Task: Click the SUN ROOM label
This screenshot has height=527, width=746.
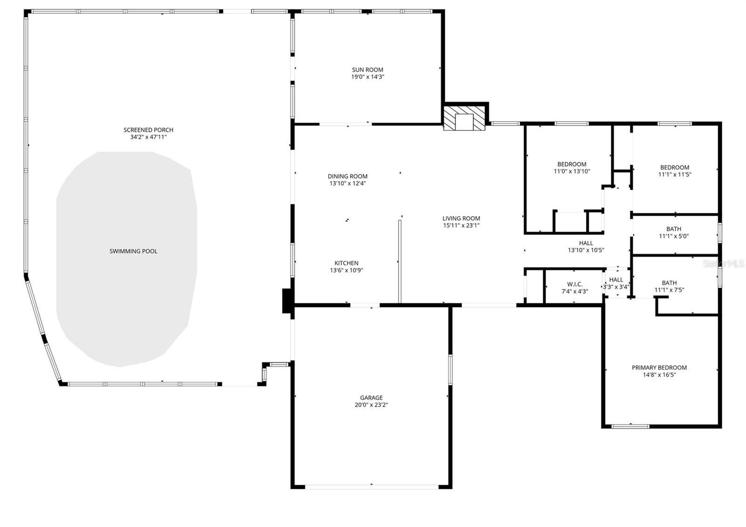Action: (367, 70)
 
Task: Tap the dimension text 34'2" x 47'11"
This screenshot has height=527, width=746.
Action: (148, 137)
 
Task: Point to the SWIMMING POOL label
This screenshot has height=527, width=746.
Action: (133, 251)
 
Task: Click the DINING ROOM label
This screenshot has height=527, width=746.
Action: (347, 176)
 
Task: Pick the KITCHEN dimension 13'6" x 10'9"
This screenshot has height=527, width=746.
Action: (346, 270)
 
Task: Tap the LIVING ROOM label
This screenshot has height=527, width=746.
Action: (461, 218)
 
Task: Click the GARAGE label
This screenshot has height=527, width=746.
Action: (371, 397)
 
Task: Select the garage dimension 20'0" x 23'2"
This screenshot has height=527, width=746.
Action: (371, 405)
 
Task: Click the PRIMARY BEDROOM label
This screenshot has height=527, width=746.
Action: (659, 367)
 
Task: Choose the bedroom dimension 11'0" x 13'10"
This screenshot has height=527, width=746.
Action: (572, 171)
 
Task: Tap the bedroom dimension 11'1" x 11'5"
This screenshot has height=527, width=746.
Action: (674, 175)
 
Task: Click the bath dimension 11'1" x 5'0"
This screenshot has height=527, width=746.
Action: (673, 236)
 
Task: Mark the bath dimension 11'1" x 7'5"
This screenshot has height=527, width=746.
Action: (669, 290)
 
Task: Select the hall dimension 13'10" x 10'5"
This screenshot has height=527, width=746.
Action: (586, 250)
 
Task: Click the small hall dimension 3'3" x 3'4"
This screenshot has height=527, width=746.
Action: (616, 287)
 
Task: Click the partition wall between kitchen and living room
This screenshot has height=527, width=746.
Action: (400, 261)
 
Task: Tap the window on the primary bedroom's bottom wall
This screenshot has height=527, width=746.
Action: (630, 426)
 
